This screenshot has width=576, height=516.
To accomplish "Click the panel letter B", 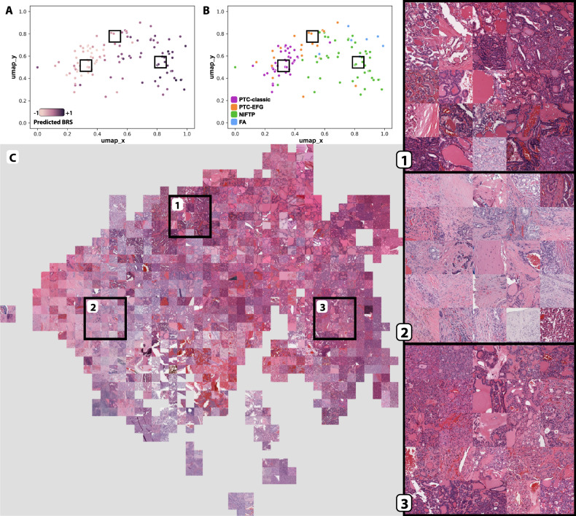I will click(x=206, y=9).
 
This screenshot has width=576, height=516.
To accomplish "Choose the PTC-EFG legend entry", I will click(x=250, y=107).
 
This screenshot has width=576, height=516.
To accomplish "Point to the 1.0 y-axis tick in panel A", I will click(x=23, y=12).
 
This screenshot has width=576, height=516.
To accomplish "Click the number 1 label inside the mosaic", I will click(x=177, y=206).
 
